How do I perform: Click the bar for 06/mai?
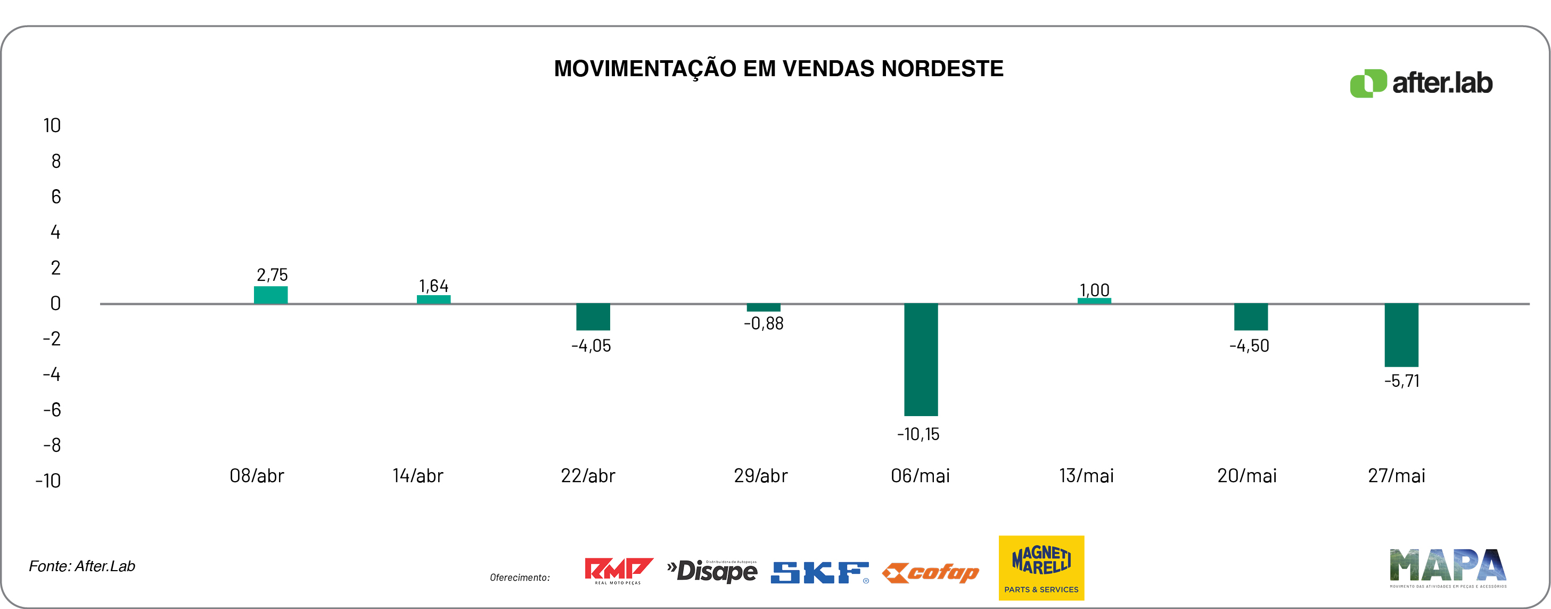click(x=921, y=359)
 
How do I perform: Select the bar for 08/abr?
click(x=270, y=295)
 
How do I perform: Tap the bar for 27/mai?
click(x=1401, y=335)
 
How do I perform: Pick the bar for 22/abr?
click(x=593, y=317)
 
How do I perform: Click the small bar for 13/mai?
click(x=1094, y=301)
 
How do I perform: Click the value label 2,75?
click(x=272, y=275)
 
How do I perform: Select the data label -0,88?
click(x=764, y=323)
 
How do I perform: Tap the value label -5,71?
click(x=1402, y=381)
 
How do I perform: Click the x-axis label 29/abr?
click(x=760, y=476)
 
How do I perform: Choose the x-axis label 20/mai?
click(x=1247, y=476)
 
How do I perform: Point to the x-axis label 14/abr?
click(x=418, y=476)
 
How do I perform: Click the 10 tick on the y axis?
click(x=52, y=125)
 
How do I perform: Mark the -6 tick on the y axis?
click(x=52, y=410)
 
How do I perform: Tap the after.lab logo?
click(x=1421, y=83)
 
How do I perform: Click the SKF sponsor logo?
click(x=819, y=572)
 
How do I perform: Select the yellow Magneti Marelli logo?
click(x=1041, y=567)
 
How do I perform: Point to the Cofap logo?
click(x=930, y=572)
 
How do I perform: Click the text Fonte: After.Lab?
click(x=82, y=566)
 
